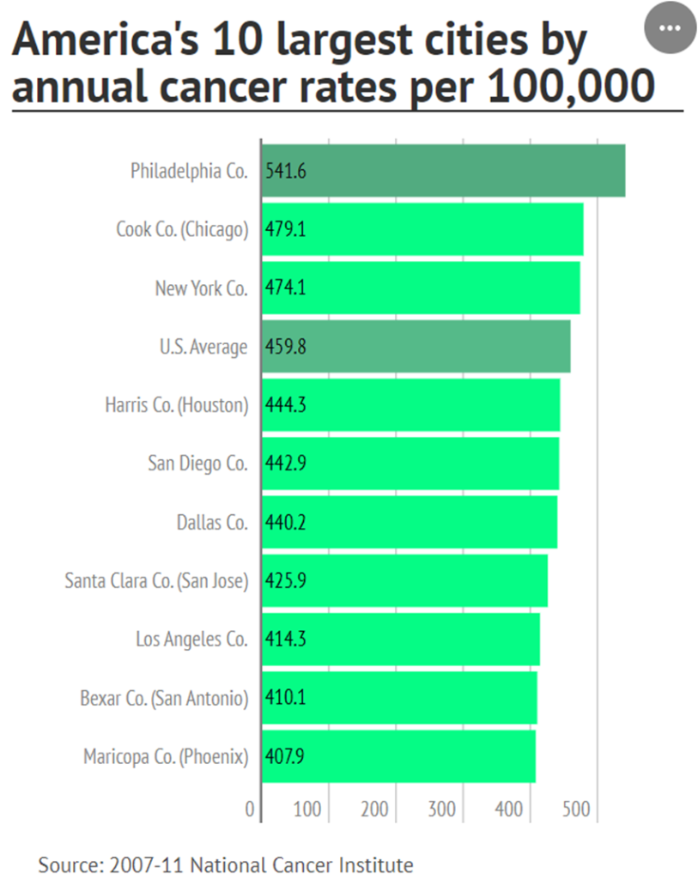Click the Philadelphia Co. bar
point(443,171)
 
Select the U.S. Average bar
point(416,347)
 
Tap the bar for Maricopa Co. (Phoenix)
point(398,757)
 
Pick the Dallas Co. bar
point(410,522)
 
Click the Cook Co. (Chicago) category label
point(182,229)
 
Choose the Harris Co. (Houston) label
point(176,405)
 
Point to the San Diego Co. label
point(197,464)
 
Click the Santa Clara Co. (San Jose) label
point(156,581)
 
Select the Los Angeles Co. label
point(191,640)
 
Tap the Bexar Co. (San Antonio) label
point(164,698)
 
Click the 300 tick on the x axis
point(442,809)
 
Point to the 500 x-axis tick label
point(576,809)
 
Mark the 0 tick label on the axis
point(250,809)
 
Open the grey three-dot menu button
point(668,27)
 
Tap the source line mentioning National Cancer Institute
point(226,864)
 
